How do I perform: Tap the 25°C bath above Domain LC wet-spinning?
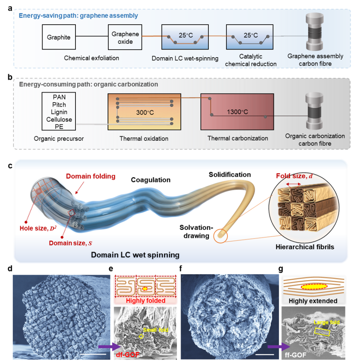coord(185,37)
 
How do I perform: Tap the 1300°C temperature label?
coord(237,112)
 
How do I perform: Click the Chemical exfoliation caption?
coord(91,58)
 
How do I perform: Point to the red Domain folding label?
coord(91,176)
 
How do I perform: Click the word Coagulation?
coord(151,180)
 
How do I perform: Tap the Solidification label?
coord(229,174)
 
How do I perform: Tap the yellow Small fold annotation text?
coord(156,330)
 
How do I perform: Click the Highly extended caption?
coord(313,301)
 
